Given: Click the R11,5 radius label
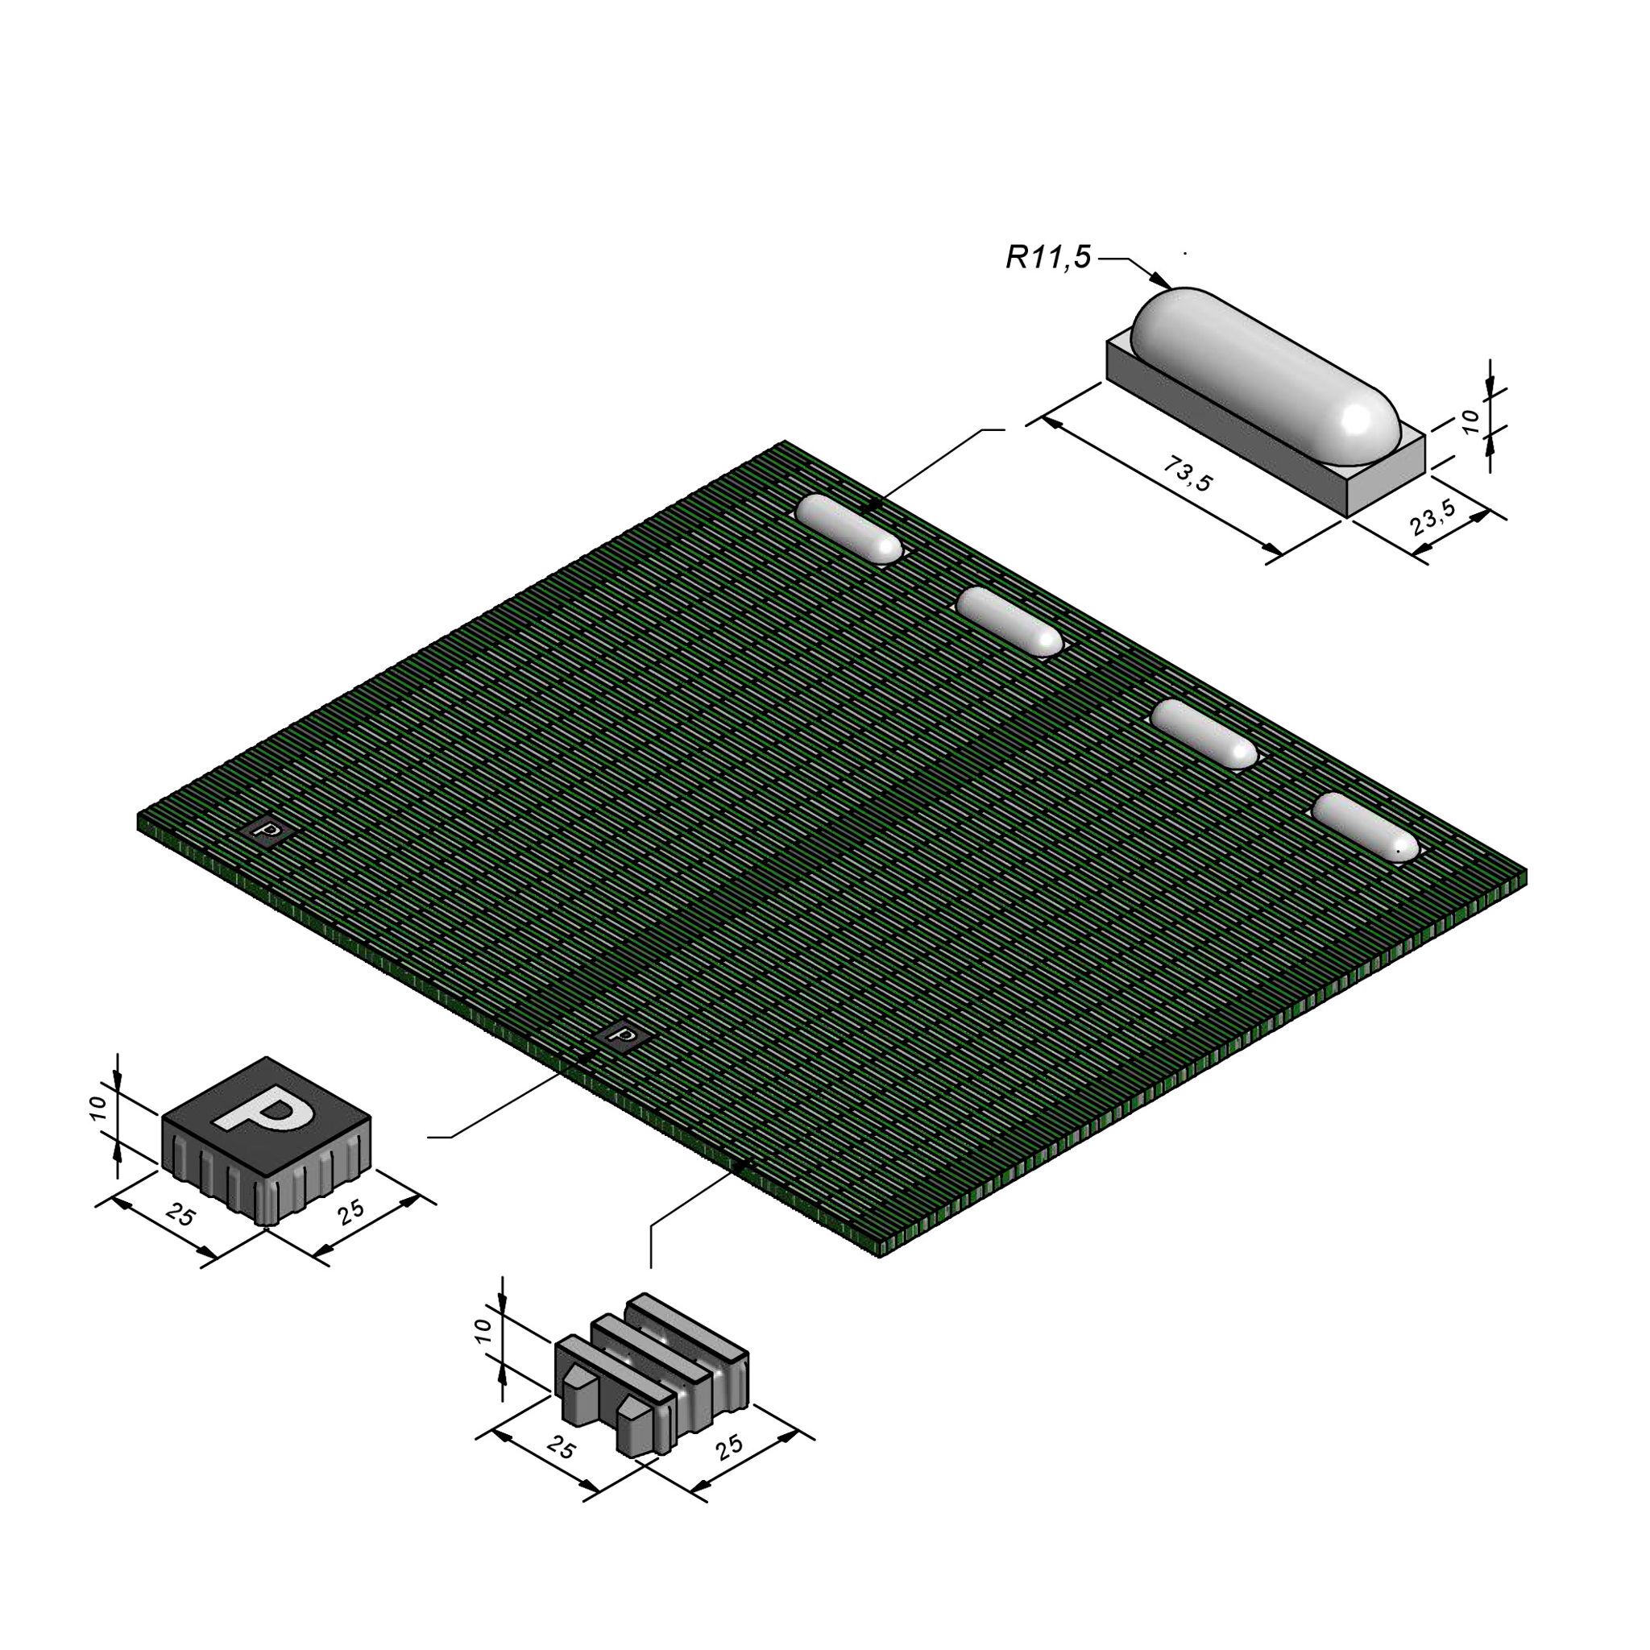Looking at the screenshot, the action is tap(1048, 258).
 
